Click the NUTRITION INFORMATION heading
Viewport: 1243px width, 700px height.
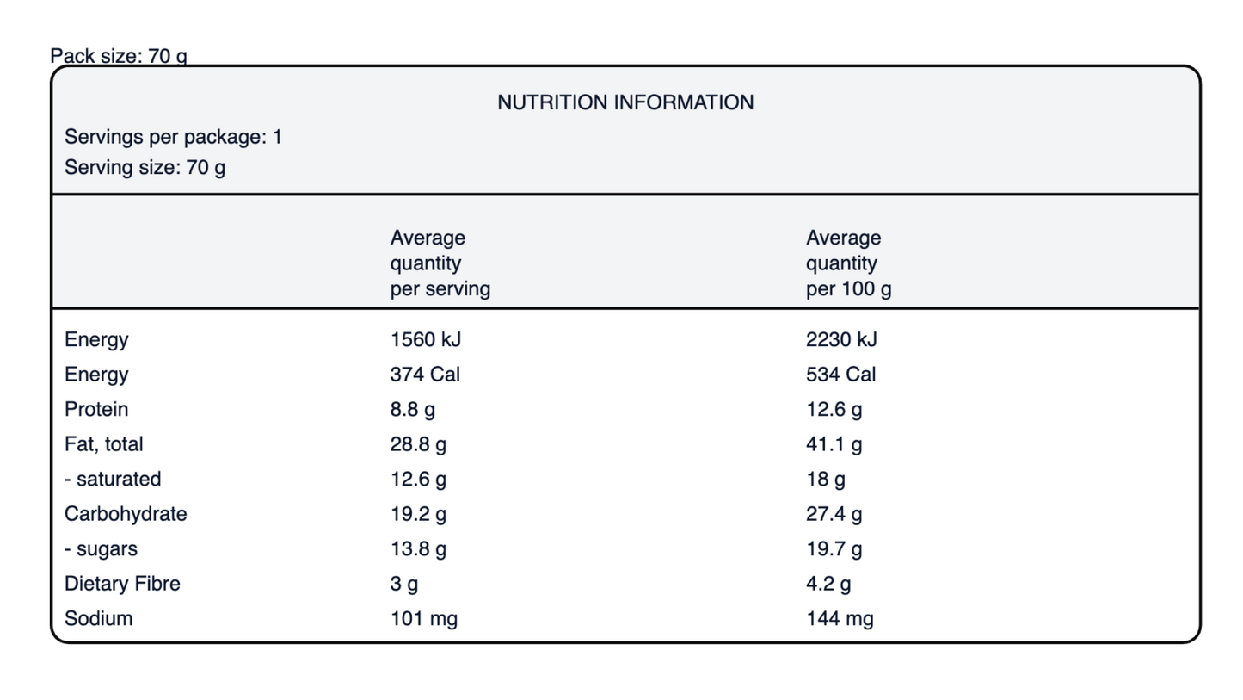[625, 102]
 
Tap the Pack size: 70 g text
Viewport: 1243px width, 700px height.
[119, 56]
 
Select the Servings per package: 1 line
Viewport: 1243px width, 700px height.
[173, 137]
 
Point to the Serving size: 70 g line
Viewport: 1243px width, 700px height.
[145, 168]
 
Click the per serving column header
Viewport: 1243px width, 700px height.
[440, 263]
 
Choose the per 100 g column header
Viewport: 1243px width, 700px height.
[848, 263]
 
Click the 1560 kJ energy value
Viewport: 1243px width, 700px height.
[426, 339]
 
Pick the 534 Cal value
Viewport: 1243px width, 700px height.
[840, 375]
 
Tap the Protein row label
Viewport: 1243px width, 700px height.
[96, 410]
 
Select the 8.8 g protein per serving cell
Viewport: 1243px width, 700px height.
[412, 410]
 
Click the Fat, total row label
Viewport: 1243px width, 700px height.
[104, 444]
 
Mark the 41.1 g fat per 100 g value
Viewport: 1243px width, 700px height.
[834, 444]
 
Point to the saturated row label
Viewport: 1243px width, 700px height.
[113, 480]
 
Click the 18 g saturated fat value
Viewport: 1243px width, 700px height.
[825, 480]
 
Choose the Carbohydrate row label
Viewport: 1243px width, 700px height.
[126, 514]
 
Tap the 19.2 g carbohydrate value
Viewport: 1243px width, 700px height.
[418, 514]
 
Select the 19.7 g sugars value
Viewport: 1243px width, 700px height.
[834, 548]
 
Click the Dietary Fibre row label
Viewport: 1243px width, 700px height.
[122, 584]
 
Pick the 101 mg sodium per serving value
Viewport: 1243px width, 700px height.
[424, 619]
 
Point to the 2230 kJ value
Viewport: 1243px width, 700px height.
[841, 339]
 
